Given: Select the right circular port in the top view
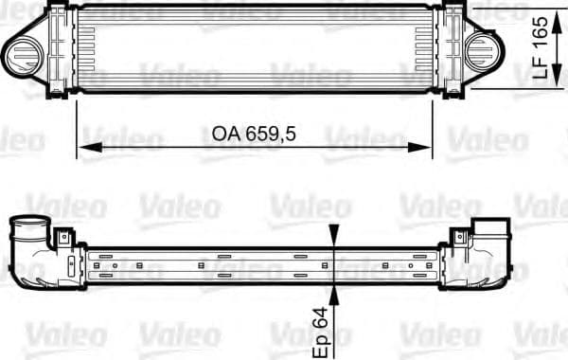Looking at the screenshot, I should coord(485,48).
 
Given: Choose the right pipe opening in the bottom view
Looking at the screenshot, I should coord(492,230).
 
